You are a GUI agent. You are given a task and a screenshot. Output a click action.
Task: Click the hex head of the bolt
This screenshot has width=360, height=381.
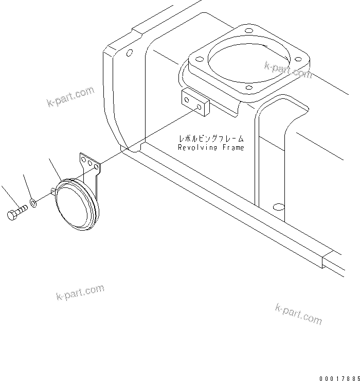[x=12, y=215]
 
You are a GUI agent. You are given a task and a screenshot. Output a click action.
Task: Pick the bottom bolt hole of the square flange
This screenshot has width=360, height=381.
[x=249, y=88]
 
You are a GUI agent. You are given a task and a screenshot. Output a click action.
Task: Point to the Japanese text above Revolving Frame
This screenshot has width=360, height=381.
[x=211, y=139]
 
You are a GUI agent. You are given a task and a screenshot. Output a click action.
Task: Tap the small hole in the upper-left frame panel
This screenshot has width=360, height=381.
[x=130, y=52]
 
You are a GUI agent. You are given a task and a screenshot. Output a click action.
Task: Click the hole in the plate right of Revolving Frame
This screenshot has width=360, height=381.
[x=279, y=207]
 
